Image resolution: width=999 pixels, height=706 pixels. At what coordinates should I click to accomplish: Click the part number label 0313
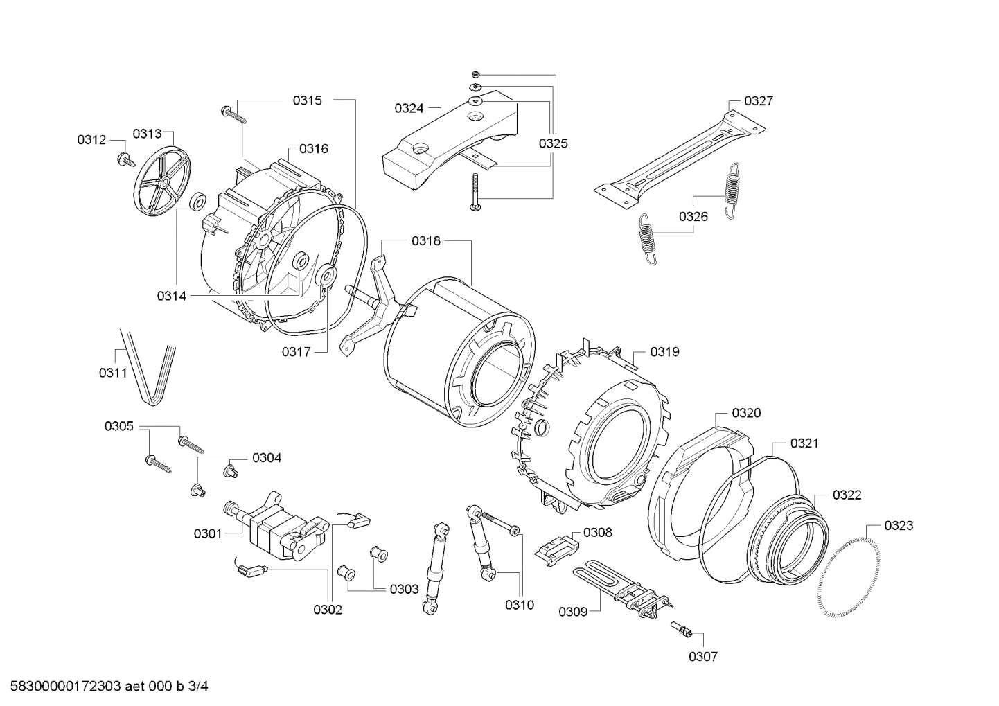[x=147, y=134]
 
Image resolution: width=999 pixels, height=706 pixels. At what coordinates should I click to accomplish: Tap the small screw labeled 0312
[x=126, y=159]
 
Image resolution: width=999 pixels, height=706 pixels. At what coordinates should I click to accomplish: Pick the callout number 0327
[x=759, y=101]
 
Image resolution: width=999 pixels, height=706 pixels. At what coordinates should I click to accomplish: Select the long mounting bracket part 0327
[x=679, y=159]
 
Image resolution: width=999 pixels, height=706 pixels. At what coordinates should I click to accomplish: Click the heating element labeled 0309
[x=624, y=589]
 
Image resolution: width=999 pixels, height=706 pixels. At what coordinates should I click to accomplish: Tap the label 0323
[x=899, y=526]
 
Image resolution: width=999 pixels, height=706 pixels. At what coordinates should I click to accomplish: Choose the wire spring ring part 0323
[x=849, y=572]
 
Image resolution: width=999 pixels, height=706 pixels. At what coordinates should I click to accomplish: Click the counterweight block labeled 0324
[x=450, y=135]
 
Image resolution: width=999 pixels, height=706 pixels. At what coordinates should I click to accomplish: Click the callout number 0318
[x=425, y=241]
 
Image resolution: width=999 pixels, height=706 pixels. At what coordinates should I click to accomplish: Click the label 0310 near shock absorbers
[x=519, y=605]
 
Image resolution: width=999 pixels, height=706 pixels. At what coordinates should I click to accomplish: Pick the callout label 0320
[x=746, y=413]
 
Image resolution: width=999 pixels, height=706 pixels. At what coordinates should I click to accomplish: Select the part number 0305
[x=119, y=426]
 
